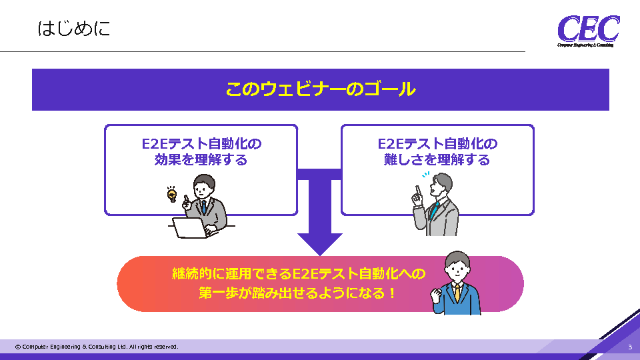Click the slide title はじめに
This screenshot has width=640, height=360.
[x=74, y=29]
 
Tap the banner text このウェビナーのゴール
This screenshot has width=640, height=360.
[x=320, y=89]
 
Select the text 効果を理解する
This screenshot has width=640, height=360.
[x=201, y=160]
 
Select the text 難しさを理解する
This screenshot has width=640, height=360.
[x=437, y=160]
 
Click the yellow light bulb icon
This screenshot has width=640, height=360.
[x=172, y=195]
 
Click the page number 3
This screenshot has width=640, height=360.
[x=630, y=347]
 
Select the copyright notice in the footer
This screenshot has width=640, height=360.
[x=97, y=347]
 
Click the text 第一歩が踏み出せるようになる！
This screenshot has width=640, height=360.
[x=297, y=293]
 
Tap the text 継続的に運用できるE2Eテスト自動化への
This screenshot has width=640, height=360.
[x=297, y=274]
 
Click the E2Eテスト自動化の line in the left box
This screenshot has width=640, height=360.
[x=201, y=143]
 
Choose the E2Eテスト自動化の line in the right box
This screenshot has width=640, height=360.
[x=437, y=143]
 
